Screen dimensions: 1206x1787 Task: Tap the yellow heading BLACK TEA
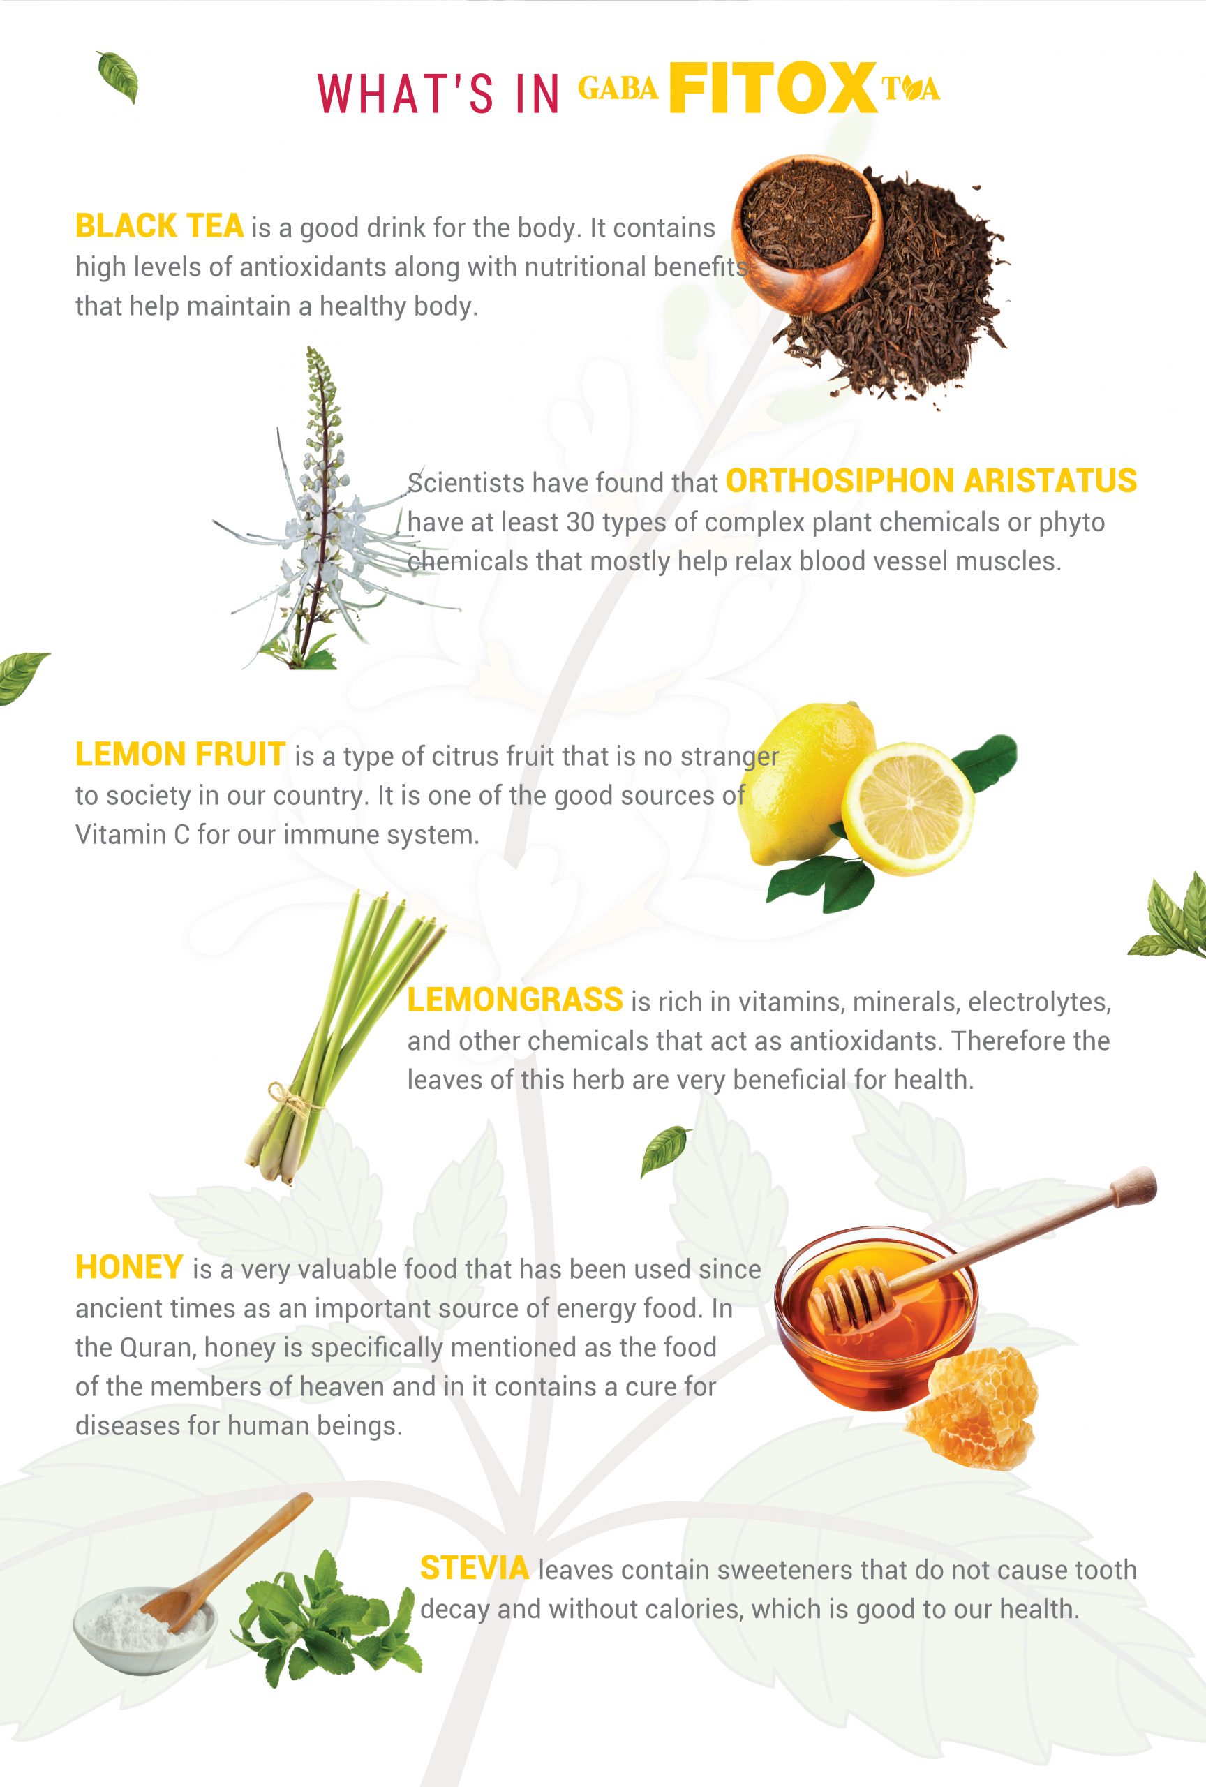(x=159, y=226)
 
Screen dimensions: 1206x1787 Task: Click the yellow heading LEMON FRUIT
(x=181, y=755)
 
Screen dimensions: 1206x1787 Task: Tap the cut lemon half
(x=908, y=808)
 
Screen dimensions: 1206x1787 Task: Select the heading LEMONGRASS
(x=515, y=1000)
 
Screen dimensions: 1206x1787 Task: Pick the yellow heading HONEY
(x=129, y=1267)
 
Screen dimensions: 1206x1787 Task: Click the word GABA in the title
(x=618, y=89)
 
